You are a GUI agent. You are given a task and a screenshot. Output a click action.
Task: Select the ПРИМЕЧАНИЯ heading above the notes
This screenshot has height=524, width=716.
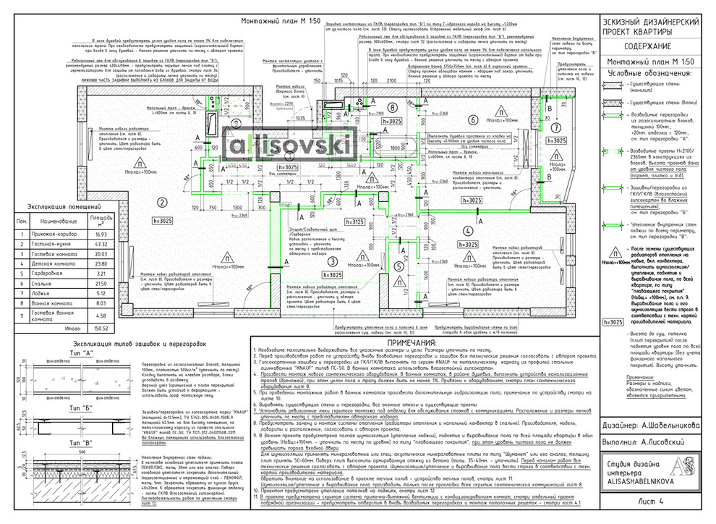417,342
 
